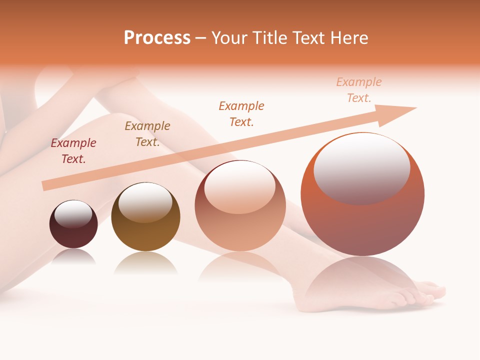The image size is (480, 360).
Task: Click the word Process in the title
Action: tap(157, 38)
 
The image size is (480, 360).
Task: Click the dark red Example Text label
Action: tap(73, 151)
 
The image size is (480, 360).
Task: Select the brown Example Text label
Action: tap(147, 134)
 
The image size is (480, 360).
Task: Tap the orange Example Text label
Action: tap(241, 113)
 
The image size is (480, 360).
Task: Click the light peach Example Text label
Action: tap(359, 90)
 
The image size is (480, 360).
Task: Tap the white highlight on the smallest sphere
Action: tap(73, 213)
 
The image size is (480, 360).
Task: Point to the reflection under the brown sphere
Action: tap(145, 263)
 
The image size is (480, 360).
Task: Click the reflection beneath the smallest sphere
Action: tap(73, 257)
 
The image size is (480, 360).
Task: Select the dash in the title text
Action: tap(200, 38)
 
